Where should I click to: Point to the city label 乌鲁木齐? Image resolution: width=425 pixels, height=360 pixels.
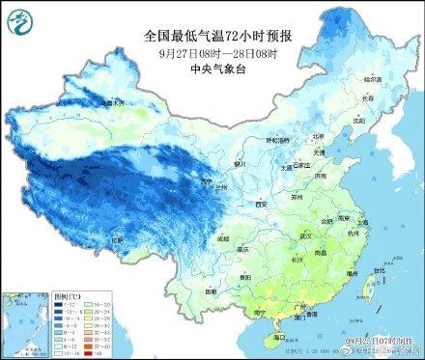(112, 100)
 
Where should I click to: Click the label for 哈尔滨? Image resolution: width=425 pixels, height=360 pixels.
(373, 78)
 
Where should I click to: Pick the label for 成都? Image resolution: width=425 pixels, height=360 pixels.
(224, 237)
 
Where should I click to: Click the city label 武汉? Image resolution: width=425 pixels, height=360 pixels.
(307, 235)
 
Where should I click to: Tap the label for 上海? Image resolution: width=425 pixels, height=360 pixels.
(372, 219)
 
